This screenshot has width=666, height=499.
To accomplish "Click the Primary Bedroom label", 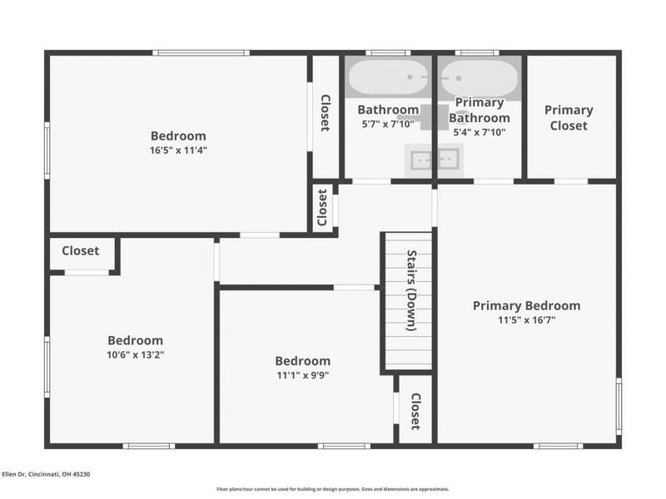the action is tap(526, 306).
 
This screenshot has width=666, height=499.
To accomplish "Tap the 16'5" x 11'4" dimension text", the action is tap(178, 151).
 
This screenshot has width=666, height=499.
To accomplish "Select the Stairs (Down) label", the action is tap(411, 290).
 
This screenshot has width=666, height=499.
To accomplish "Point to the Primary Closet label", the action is tap(569, 118).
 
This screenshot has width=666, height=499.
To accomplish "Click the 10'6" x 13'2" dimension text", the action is tap(136, 355).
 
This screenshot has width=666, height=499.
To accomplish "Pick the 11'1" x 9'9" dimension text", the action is tap(303, 375).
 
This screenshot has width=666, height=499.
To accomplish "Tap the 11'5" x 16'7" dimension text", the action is tap(527, 320).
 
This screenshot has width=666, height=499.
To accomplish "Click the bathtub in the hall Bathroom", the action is tap(388, 77).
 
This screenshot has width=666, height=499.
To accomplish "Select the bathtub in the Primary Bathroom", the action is tap(480, 78).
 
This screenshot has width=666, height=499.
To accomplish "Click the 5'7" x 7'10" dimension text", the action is tap(388, 124).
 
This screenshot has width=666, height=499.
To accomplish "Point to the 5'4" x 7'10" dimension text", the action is tap(480, 132).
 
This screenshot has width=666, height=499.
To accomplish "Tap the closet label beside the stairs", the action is tap(415, 412).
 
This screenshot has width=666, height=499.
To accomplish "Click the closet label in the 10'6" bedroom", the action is tap(81, 251).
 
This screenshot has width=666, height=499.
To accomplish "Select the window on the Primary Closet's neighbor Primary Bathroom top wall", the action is tap(477, 53).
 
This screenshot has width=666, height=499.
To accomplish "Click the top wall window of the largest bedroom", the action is tap(201, 53).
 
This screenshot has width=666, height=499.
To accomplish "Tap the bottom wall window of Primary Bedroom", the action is tap(558, 446).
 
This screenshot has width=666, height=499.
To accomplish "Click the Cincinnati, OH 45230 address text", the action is tap(59, 474).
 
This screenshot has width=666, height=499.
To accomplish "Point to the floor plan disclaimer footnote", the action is tap(332, 489).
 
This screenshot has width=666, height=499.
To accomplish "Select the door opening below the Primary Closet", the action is tap(571, 181).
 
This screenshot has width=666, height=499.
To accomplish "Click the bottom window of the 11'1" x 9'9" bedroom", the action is tap(344, 446).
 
